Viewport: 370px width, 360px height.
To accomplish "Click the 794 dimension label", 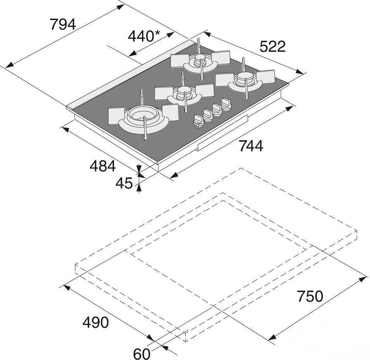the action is (x=63, y=24).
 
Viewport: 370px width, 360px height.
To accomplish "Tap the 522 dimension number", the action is (x=273, y=46).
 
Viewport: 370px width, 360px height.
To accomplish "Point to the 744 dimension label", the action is (x=251, y=146).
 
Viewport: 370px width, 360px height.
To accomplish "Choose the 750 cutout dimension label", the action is (x=310, y=296).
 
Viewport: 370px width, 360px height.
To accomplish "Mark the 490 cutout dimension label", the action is (x=95, y=322).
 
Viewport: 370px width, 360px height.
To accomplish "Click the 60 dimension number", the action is (x=142, y=354).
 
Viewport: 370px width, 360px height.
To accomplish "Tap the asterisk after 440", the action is (x=157, y=33).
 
